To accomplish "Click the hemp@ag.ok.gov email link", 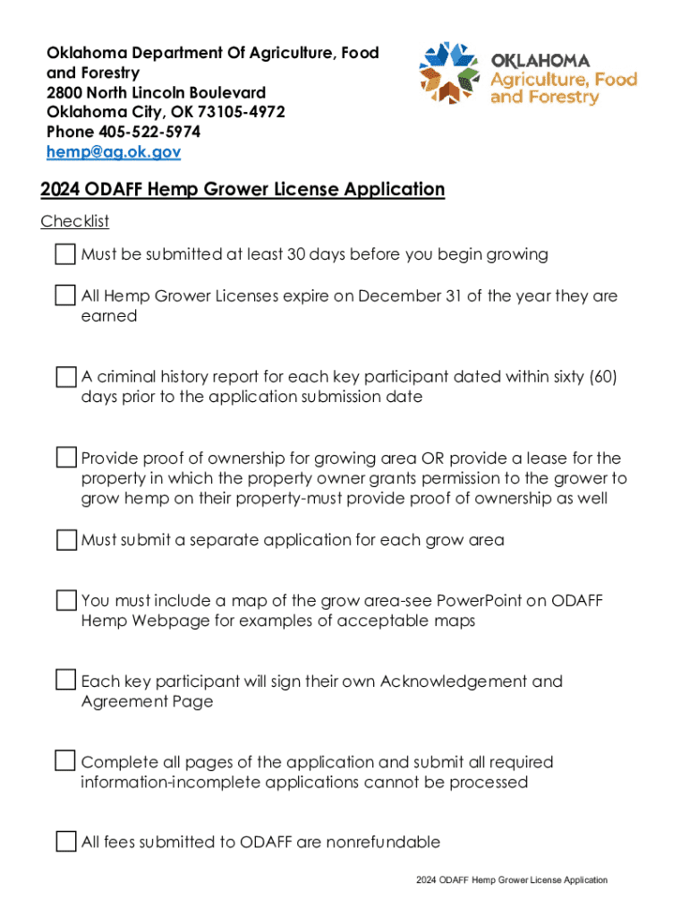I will pyautogui.click(x=114, y=152).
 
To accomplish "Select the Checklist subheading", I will pyautogui.click(x=74, y=221).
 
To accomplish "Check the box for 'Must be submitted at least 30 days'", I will pyautogui.click(x=65, y=254).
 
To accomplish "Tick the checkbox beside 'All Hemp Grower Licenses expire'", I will pyautogui.click(x=65, y=296).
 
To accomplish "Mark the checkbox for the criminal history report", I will pyautogui.click(x=65, y=377).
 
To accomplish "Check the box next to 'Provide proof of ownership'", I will pyautogui.click(x=65, y=458).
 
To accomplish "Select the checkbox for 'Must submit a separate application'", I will pyautogui.click(x=65, y=540).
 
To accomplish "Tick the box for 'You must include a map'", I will pyautogui.click(x=65, y=600).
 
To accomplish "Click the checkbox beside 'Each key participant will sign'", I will pyautogui.click(x=65, y=681).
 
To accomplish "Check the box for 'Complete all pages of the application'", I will pyautogui.click(x=65, y=762).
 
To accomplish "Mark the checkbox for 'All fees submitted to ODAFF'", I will pyautogui.click(x=65, y=842).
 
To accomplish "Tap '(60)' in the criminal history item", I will pyautogui.click(x=600, y=377).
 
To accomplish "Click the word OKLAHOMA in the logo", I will pyautogui.click(x=540, y=61).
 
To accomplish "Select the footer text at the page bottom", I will pyautogui.click(x=511, y=880).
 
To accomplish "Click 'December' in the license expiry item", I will pyautogui.click(x=403, y=296).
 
